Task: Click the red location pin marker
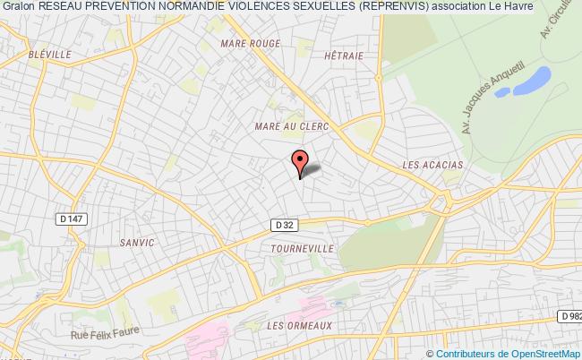(x=300, y=161)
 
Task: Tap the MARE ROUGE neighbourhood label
(x=250, y=43)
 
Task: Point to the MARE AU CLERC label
(x=292, y=127)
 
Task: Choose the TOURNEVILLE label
(x=302, y=248)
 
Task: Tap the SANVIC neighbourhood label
(x=136, y=243)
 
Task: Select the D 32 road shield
(x=284, y=225)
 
